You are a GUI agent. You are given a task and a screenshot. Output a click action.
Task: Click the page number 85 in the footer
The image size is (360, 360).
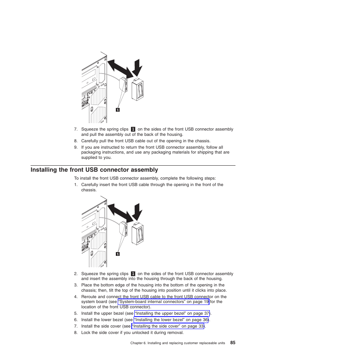point(232,343)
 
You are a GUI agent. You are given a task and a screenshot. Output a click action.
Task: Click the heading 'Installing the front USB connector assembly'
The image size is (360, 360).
point(94,170)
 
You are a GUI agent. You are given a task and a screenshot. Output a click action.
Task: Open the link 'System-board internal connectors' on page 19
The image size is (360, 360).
point(163,302)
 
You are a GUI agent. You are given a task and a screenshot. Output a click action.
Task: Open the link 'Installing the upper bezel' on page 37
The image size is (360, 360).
point(172,314)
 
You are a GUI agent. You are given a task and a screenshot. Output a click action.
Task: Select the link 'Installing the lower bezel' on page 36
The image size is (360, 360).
point(171,320)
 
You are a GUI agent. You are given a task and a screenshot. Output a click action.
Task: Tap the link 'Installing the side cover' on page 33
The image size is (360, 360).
point(168,326)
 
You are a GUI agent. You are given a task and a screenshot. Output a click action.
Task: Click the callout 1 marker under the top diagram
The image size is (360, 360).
point(118,110)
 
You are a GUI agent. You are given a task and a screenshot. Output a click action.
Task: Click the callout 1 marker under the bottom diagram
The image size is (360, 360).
point(118,254)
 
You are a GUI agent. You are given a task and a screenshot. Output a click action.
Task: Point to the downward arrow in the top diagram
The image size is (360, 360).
point(138,68)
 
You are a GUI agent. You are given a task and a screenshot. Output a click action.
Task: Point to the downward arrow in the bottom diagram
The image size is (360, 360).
point(138,212)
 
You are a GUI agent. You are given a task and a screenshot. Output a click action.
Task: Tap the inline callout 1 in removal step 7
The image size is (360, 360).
point(133,129)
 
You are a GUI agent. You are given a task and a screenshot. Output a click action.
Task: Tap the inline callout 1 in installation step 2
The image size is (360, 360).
point(133,274)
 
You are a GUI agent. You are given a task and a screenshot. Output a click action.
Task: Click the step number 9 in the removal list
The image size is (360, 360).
point(75,148)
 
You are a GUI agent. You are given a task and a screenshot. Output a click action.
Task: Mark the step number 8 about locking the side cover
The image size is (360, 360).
point(75,333)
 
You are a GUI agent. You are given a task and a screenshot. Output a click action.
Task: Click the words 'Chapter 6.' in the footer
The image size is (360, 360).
point(138,343)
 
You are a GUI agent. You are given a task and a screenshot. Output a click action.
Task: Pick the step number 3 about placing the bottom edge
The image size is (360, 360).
point(75,285)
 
